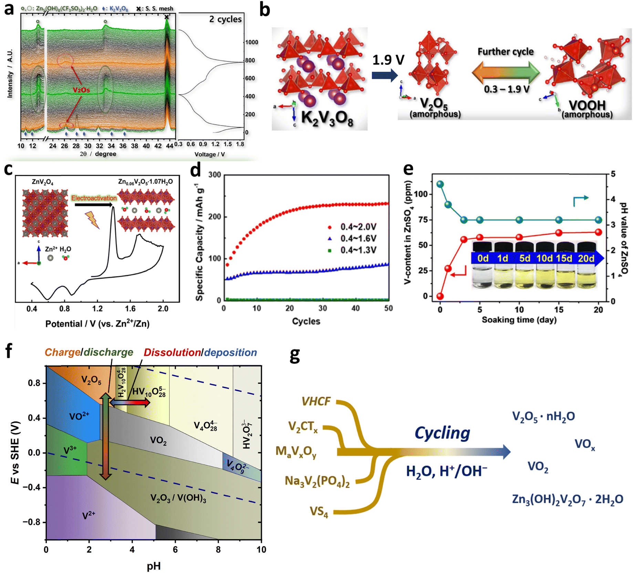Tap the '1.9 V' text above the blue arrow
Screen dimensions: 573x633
388,60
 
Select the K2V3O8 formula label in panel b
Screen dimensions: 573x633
327,118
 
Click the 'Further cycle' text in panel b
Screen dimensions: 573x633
505,52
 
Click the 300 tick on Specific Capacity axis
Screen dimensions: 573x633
215,175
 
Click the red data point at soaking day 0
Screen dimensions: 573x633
440,296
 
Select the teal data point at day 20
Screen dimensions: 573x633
599,220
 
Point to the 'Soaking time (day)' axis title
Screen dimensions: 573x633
519,320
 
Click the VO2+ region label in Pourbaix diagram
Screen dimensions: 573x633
79,416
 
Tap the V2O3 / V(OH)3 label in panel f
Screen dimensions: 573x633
178,498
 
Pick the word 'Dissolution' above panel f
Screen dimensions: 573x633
172,352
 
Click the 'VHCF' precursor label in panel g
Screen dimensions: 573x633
315,402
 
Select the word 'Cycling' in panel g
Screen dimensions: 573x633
442,433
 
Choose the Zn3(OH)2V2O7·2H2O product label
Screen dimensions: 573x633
567,499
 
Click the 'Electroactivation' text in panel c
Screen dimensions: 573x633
94,198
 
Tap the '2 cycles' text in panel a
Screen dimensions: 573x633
225,19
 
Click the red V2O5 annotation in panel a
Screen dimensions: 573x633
81,90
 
